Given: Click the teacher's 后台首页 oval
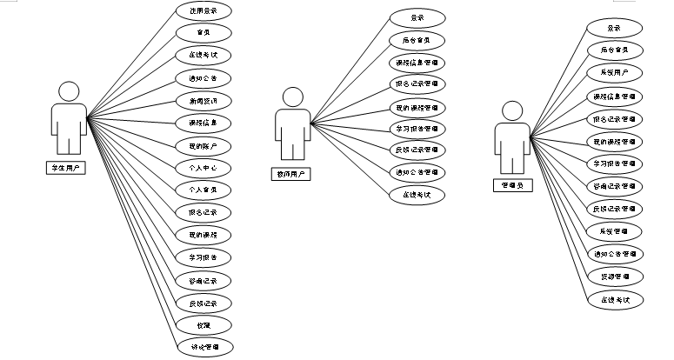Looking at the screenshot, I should pos(416,40).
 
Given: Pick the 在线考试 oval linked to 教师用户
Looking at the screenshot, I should pos(416,196).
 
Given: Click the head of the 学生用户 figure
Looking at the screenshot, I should pos(66,91).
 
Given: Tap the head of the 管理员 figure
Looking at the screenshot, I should pos(511,110).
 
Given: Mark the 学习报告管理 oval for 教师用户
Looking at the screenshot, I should pos(416,129).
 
